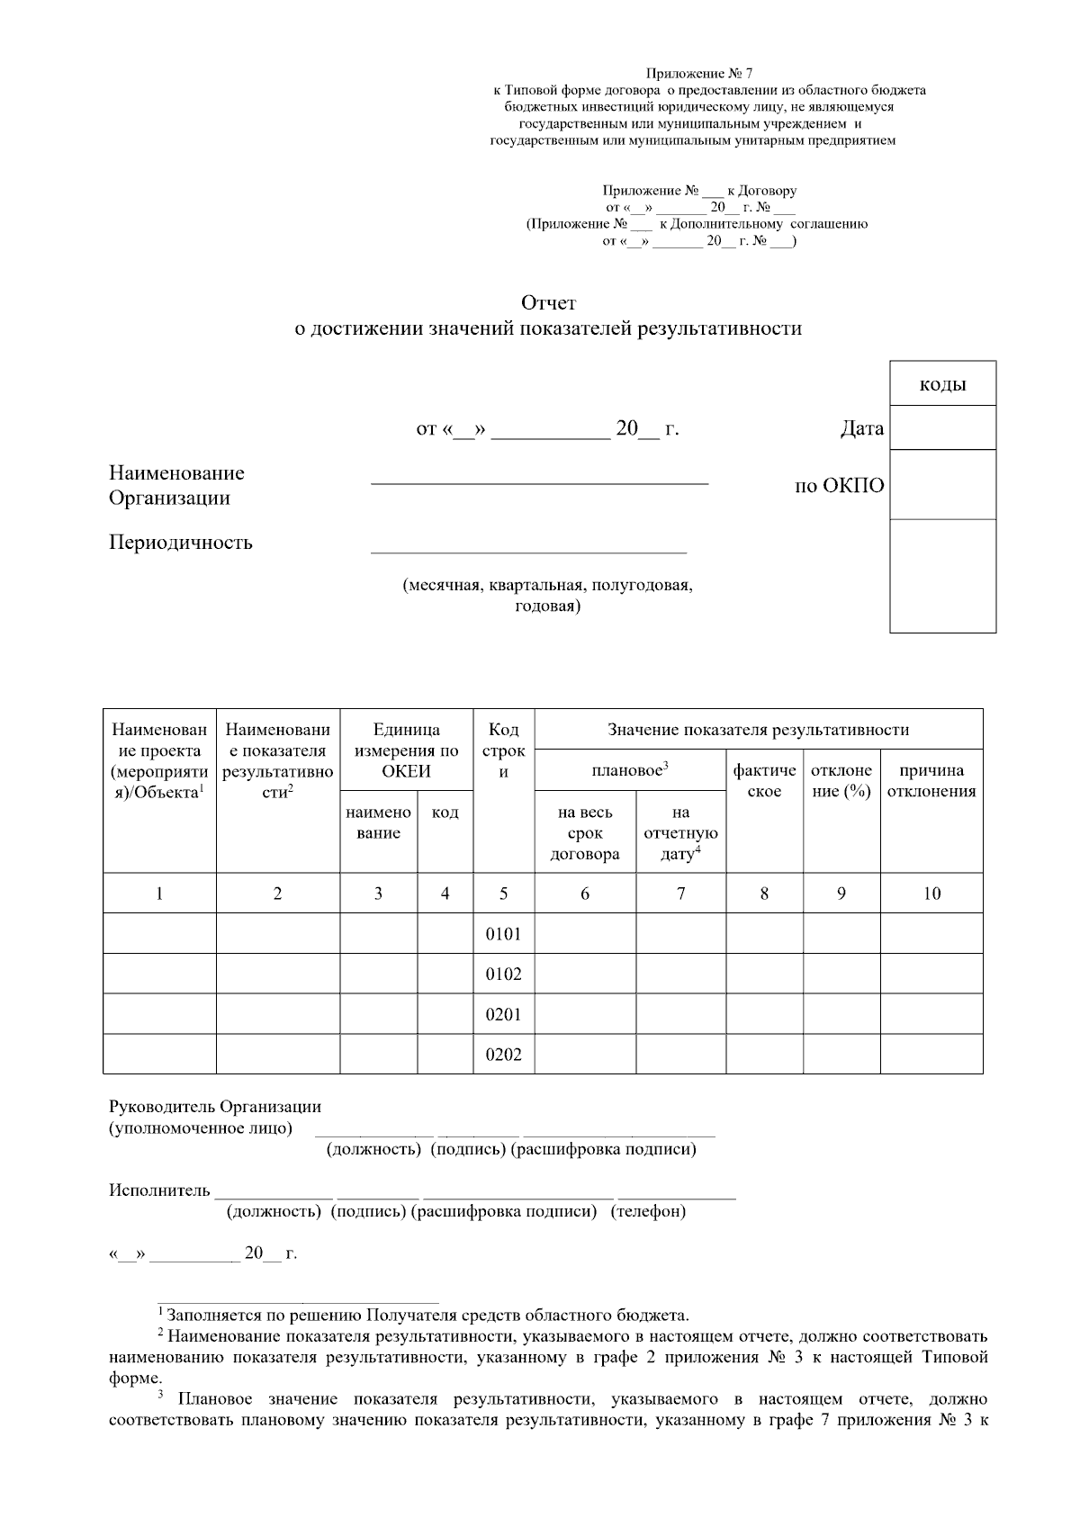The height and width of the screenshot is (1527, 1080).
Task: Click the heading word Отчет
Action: click(548, 303)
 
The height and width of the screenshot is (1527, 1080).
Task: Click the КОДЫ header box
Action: click(942, 384)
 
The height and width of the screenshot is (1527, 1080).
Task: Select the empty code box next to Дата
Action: click(942, 427)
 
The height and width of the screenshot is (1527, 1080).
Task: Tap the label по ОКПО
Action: click(839, 487)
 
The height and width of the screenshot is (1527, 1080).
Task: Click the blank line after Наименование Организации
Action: click(539, 477)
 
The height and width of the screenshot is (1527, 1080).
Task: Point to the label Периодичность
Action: click(181, 543)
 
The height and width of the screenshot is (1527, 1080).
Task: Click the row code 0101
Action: click(503, 934)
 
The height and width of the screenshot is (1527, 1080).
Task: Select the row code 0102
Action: click(503, 975)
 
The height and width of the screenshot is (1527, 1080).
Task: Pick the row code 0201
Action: click(503, 1015)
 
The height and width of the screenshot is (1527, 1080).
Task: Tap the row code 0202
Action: click(503, 1055)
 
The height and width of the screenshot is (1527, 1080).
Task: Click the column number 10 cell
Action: click(931, 894)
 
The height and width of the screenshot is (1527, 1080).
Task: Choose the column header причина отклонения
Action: click(931, 781)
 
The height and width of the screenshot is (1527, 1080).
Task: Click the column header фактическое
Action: click(764, 781)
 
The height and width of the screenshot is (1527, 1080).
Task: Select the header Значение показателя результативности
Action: click(758, 730)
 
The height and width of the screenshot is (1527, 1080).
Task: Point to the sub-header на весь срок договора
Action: click(585, 833)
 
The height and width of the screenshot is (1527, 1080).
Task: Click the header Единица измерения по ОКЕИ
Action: click(406, 750)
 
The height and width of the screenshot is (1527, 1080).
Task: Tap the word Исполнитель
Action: click(159, 1191)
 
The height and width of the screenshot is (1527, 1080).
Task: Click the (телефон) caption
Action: click(648, 1212)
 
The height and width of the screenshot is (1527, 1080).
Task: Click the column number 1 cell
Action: click(159, 894)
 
